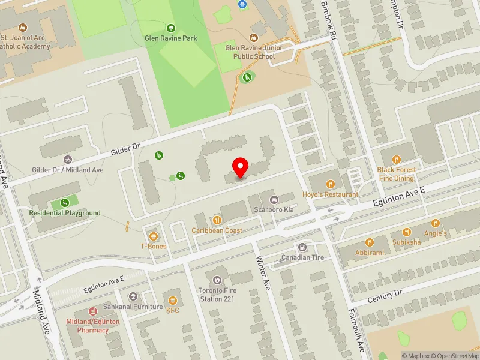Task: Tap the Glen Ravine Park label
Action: [171, 38]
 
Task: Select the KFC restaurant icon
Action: [173, 299]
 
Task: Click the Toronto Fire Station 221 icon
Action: [217, 280]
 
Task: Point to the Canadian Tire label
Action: [303, 258]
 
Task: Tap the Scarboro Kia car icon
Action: [274, 200]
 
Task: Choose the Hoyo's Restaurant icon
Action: [329, 184]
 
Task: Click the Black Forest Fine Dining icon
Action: [396, 159]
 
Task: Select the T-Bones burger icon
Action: [154, 236]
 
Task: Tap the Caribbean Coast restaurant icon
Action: [217, 220]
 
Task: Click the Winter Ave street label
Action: [262, 273]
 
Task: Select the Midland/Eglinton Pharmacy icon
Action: [93, 311]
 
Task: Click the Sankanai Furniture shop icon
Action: [133, 296]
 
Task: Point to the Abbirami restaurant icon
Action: [370, 242]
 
